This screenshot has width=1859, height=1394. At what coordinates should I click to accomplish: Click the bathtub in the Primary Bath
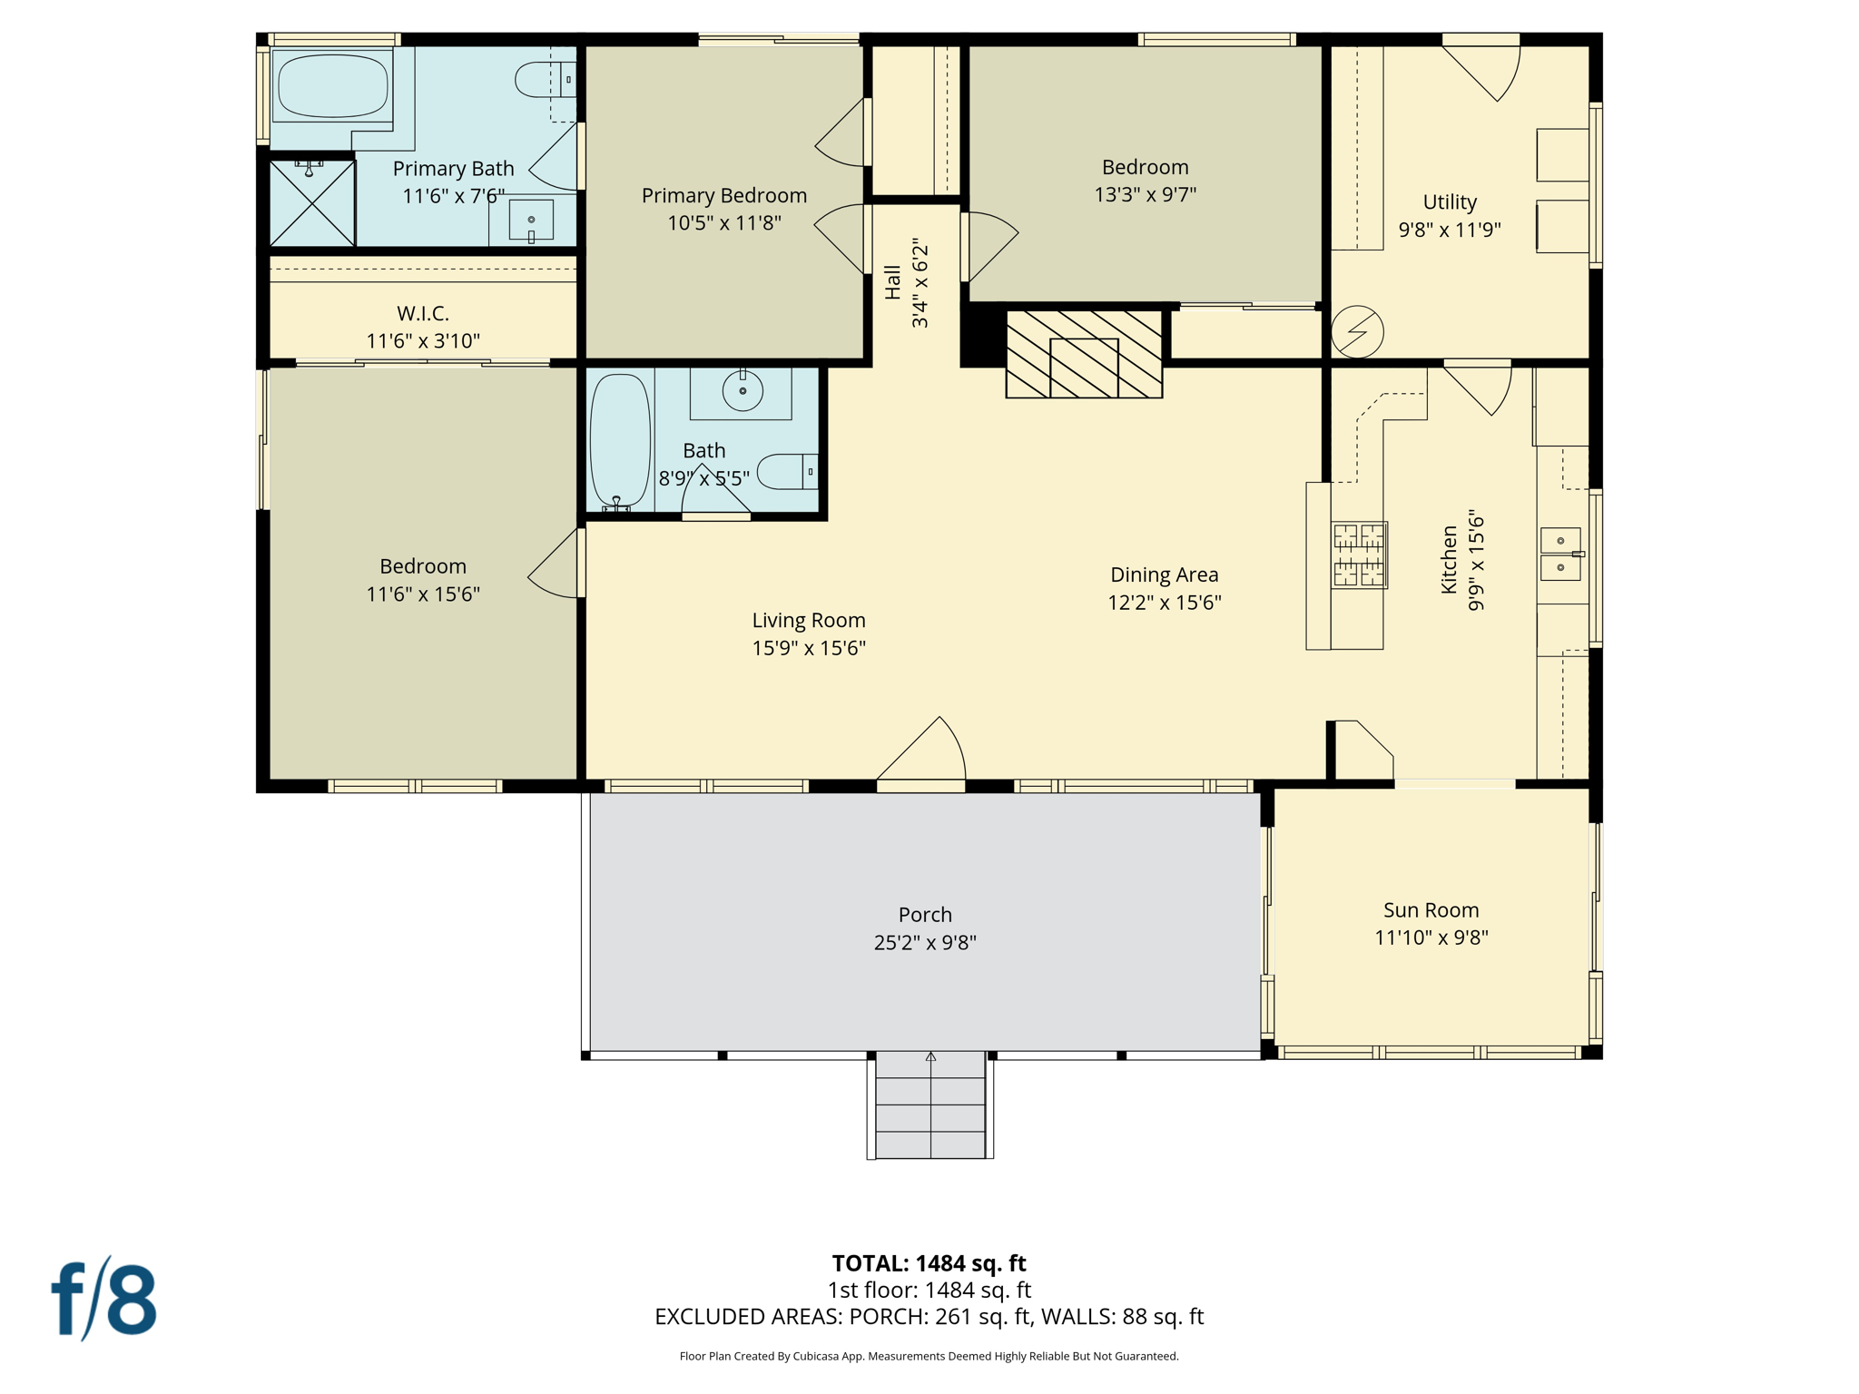(x=332, y=86)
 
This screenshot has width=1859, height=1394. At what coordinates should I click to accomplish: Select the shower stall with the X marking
(x=312, y=202)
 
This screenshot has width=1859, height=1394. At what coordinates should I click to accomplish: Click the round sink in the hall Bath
(x=742, y=391)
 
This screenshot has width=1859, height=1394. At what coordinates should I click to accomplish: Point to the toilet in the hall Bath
(x=786, y=472)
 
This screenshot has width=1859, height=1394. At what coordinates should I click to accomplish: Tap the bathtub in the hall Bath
(x=620, y=440)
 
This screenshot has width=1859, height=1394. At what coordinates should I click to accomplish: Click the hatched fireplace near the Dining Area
(x=1084, y=354)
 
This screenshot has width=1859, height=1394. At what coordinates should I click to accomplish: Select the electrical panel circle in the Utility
(x=1357, y=331)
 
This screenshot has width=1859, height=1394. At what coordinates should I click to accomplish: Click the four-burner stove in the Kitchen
(x=1359, y=555)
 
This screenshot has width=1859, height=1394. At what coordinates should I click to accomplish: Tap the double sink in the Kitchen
(x=1560, y=554)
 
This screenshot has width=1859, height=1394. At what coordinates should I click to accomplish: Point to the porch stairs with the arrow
(x=930, y=1104)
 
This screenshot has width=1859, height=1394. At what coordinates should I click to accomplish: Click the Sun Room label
(x=1431, y=909)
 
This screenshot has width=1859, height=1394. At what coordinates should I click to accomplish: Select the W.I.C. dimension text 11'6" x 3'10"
(x=423, y=340)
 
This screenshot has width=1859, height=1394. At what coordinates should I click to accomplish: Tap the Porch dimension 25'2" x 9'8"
(x=925, y=942)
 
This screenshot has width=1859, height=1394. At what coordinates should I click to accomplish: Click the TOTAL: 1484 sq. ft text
(x=929, y=1262)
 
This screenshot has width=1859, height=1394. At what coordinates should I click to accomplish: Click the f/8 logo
(x=104, y=1299)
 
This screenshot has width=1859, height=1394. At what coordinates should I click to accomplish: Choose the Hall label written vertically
(x=893, y=282)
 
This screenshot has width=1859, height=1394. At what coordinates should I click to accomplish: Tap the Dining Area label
(x=1164, y=574)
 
